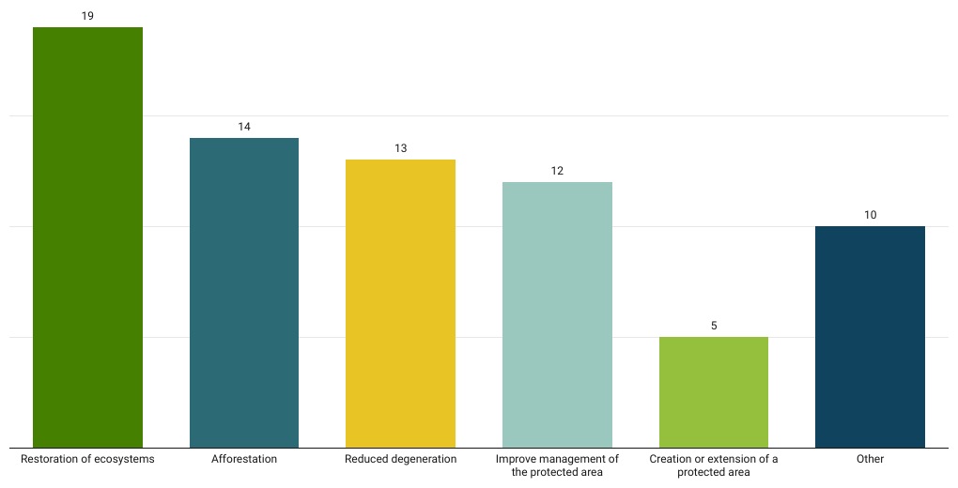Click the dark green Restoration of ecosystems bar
point(87,237)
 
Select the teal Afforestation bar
point(244,293)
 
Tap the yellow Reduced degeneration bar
point(400,303)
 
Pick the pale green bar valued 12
point(557,314)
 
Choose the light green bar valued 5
point(714,392)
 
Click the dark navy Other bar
point(870,337)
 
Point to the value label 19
point(87,16)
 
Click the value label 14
point(244,127)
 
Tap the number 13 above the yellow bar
point(400,148)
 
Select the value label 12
point(557,171)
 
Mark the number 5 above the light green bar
point(714,326)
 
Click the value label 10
point(870,215)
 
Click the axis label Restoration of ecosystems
point(87,459)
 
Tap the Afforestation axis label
point(244,459)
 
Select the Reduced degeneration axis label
point(400,459)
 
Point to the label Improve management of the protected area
point(557,465)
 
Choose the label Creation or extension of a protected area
point(714,465)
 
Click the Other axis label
point(870,459)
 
